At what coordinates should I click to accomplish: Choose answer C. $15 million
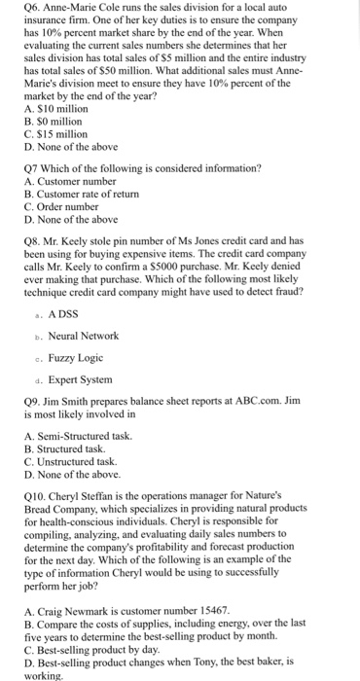55,134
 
